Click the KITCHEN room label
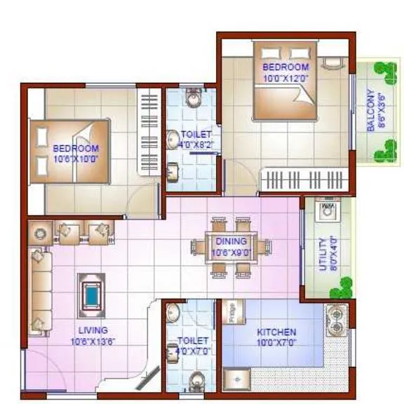pyautogui.click(x=276, y=332)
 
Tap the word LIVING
pyautogui.click(x=93, y=330)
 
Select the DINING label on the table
pyautogui.click(x=231, y=241)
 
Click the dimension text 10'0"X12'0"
pyautogui.click(x=285, y=78)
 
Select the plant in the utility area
pyautogui.click(x=344, y=286)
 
